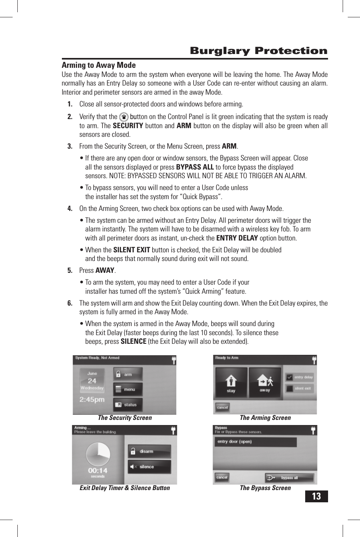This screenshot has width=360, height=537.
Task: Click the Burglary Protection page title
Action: tap(258, 51)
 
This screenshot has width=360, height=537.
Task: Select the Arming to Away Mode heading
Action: tap(99, 65)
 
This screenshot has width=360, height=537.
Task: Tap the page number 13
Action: tap(316, 496)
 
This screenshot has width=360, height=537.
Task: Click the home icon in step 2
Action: tap(124, 117)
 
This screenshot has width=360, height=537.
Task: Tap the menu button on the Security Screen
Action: tap(128, 390)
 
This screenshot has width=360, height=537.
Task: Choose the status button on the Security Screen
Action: tap(128, 405)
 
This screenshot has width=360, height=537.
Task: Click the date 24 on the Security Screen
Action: tap(92, 381)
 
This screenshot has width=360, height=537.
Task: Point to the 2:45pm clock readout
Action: tap(92, 399)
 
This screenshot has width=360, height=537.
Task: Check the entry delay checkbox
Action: tap(290, 377)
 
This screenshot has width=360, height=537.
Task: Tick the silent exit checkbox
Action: tap(290, 388)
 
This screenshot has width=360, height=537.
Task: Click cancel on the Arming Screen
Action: tap(222, 407)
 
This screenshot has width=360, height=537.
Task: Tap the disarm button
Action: tap(149, 451)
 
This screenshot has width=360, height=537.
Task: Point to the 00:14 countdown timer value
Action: tap(98, 470)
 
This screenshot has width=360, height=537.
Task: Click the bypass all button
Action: tap(289, 477)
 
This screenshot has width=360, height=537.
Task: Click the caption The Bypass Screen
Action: tap(265, 488)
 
